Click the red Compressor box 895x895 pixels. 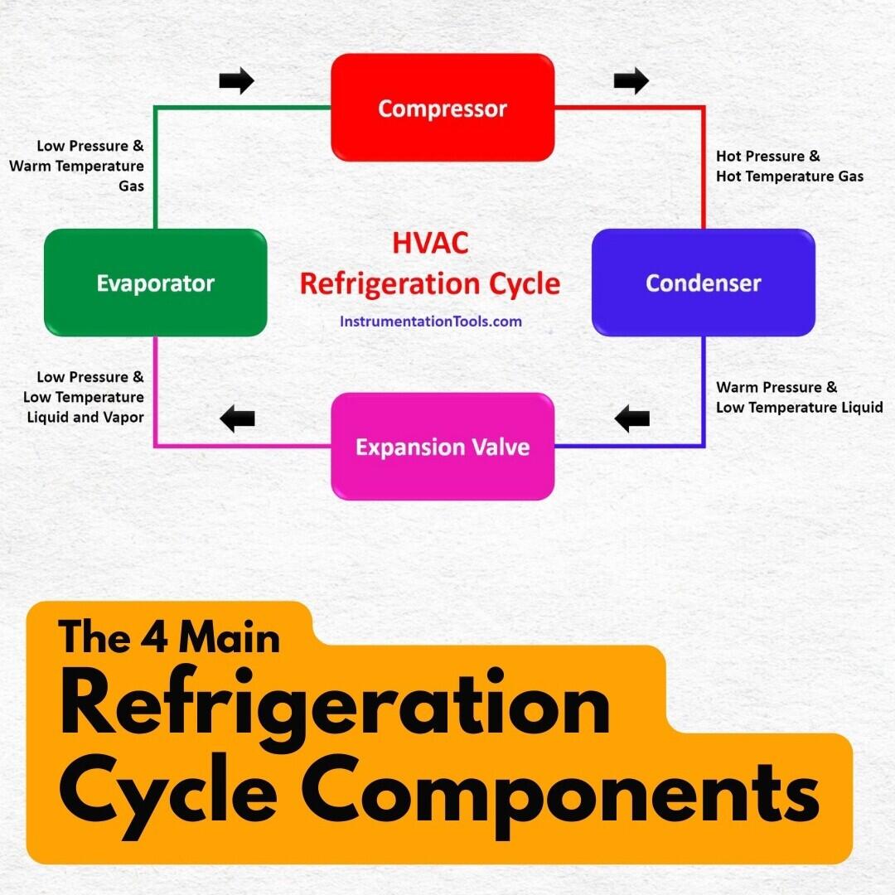[x=443, y=108]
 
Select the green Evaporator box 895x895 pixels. [x=155, y=283]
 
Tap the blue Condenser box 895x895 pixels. [x=703, y=283]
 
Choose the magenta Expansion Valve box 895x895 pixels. [x=443, y=447]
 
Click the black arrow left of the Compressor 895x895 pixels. [x=236, y=80]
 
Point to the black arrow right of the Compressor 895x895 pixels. [x=631, y=80]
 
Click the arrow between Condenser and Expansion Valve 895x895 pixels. [x=632, y=418]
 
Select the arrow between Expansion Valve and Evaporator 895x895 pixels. [x=237, y=418]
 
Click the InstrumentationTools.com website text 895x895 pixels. [x=431, y=321]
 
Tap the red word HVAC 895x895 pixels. [x=430, y=243]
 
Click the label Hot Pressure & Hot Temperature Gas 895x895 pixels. [x=789, y=166]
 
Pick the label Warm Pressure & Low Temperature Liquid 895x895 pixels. [x=799, y=397]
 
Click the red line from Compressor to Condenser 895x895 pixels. [x=703, y=166]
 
